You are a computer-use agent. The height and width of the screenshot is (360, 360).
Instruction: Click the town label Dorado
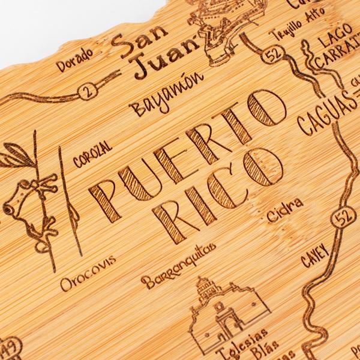[x=76, y=59]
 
